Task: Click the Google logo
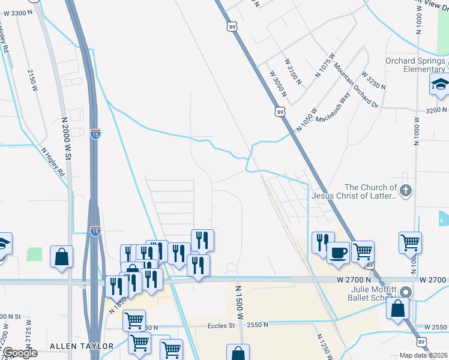tap(19, 353)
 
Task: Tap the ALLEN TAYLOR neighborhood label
tap(82, 346)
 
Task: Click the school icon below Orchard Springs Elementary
tap(440, 86)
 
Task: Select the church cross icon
tap(406, 191)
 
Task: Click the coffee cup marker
tap(338, 252)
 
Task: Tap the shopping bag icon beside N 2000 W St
tap(62, 257)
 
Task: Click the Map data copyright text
tap(424, 355)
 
